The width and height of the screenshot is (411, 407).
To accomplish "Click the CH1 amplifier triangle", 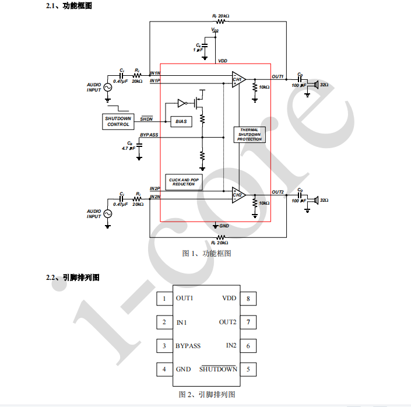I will pos(238,80).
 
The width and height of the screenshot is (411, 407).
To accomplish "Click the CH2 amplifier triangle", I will pos(238,195).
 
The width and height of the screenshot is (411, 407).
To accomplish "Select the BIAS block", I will pos(181,121).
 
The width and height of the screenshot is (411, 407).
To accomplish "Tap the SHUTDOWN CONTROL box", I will pos(118,121).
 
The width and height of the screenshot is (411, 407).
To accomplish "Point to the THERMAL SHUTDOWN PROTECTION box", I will pos(250,135).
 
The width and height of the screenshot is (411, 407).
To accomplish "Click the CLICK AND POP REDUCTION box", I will pos(184,181).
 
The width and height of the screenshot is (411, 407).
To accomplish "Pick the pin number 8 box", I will pos(248,299).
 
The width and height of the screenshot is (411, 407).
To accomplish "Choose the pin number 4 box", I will pos(164,369).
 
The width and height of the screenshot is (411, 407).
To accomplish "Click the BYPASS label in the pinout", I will pos(188,346).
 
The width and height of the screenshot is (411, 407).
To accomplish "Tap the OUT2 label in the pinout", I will pos(227,322).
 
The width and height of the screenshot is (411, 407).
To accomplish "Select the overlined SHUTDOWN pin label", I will pos(219,369).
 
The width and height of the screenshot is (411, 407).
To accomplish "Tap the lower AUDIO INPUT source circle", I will pos(107,213).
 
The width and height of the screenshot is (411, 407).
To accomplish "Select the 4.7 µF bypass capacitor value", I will pos(128,149).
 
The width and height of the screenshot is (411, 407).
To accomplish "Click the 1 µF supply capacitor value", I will pos(199,50).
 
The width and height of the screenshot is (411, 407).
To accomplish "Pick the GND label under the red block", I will pos(224,225).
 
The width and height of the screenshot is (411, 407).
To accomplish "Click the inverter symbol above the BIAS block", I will pos(181,104).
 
